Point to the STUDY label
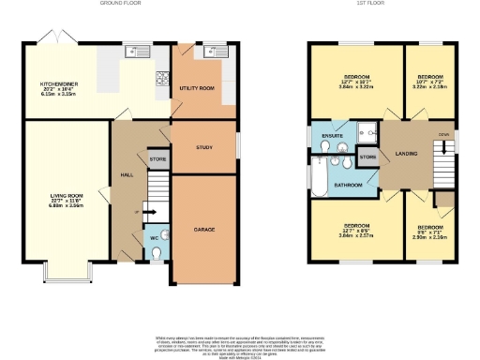point(203,148)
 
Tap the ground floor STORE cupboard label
point(157,160)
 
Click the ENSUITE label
point(331,137)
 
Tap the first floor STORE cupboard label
point(367,157)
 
